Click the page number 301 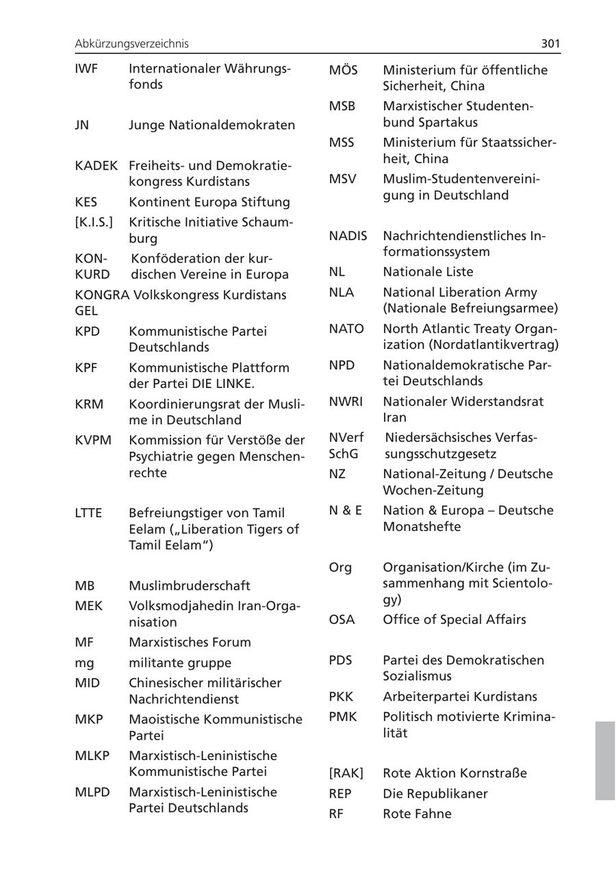click(x=550, y=44)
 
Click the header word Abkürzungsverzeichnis click(x=131, y=44)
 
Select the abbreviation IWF click(x=87, y=69)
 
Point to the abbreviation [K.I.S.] click(x=94, y=222)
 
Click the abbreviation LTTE click(x=88, y=513)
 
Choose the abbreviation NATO click(x=346, y=328)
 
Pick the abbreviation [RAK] click(x=346, y=773)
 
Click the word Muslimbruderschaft click(x=190, y=586)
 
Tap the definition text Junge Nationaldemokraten click(x=212, y=125)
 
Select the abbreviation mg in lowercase click(x=85, y=663)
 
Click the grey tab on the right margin click(x=605, y=760)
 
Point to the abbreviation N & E click(x=346, y=510)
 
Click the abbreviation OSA click(x=342, y=620)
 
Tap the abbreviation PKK click(x=342, y=697)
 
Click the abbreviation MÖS click(x=344, y=70)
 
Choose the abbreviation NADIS click(x=348, y=236)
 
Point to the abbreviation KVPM click(x=93, y=440)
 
